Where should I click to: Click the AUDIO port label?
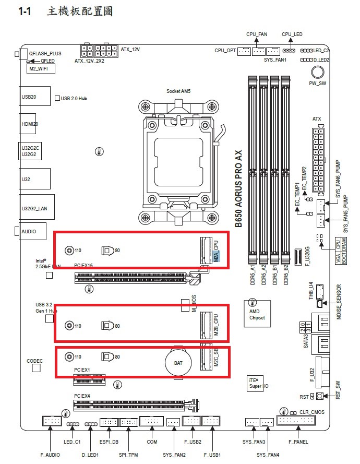click(x=29, y=231)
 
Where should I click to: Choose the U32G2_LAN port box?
click(x=35, y=208)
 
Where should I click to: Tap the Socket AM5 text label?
click(x=178, y=91)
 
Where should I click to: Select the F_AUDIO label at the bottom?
click(x=50, y=455)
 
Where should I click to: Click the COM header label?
click(x=152, y=442)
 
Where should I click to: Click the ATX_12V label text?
click(x=130, y=50)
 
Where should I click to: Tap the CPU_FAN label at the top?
click(x=257, y=34)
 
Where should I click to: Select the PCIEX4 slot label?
click(x=82, y=396)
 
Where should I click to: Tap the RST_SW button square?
click(x=320, y=397)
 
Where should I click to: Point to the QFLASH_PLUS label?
click(x=45, y=53)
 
